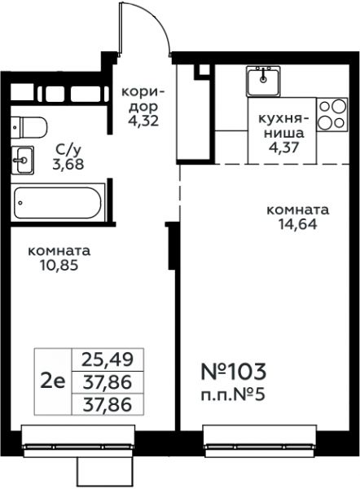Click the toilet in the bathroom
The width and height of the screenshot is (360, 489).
coord(29,127)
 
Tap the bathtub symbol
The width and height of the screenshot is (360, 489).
coord(58,203)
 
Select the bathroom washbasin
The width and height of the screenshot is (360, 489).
coord(22,161)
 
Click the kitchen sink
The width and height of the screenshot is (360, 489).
coord(263,81)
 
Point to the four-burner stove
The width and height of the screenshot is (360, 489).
coord(332,114)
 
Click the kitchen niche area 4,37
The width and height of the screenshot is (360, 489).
coord(284,147)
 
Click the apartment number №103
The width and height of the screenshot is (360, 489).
coord(234,372)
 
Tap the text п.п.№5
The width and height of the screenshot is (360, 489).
coord(232,395)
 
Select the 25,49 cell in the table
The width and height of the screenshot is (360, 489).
coord(108,359)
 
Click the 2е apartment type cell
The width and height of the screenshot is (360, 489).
coord(53,381)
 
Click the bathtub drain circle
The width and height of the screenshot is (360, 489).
coord(20,203)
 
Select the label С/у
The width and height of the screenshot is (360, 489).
coord(68,151)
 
